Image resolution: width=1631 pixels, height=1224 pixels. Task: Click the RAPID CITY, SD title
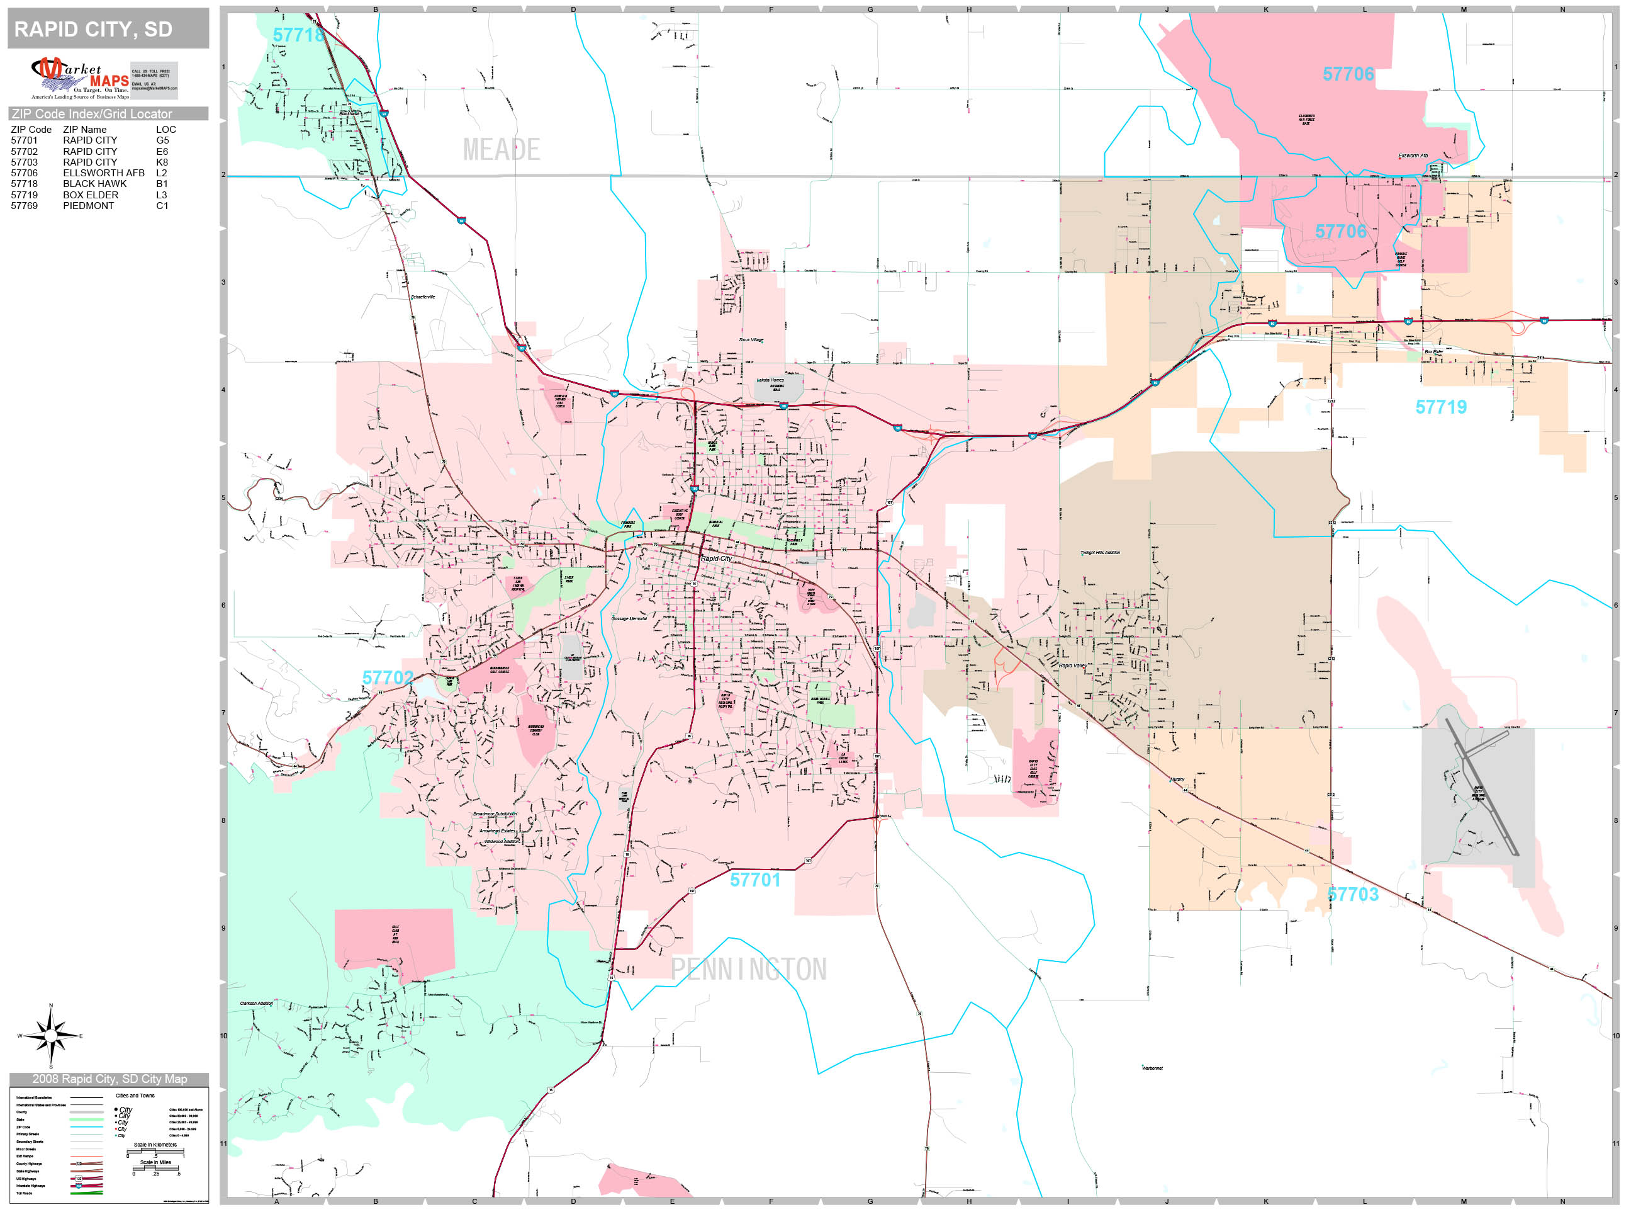point(94,30)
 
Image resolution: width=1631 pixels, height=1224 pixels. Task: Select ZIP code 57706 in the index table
point(25,173)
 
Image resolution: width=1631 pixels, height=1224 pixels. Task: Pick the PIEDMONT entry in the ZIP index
point(89,206)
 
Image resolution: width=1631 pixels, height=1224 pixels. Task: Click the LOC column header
point(166,130)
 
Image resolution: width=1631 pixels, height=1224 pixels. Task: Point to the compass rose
point(50,1036)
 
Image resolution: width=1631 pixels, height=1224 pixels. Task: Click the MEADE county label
point(502,150)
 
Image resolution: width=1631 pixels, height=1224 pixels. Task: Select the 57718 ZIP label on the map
point(298,35)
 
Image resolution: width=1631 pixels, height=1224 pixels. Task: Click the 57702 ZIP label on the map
point(388,678)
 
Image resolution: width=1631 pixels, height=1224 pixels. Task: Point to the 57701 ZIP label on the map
point(755,880)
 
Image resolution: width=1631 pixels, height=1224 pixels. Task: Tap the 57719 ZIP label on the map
point(1441,407)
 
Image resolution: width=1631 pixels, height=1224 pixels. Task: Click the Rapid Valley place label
point(1072,666)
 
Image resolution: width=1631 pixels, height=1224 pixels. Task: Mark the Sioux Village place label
point(751,340)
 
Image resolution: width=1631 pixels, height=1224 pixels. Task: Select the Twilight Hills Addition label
point(1100,553)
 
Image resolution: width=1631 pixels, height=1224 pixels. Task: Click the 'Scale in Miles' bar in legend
point(155,1169)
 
